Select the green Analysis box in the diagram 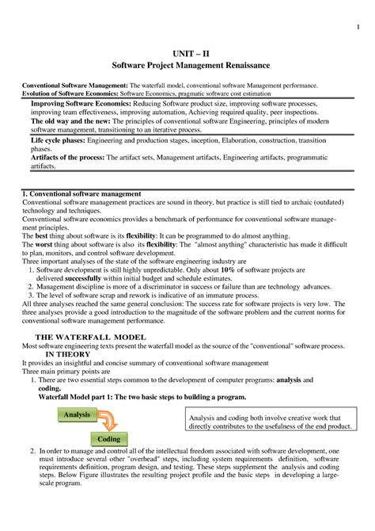tap(77, 414)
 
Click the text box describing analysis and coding tap(268, 422)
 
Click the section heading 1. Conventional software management tap(81, 193)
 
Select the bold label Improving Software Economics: tap(76, 105)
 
